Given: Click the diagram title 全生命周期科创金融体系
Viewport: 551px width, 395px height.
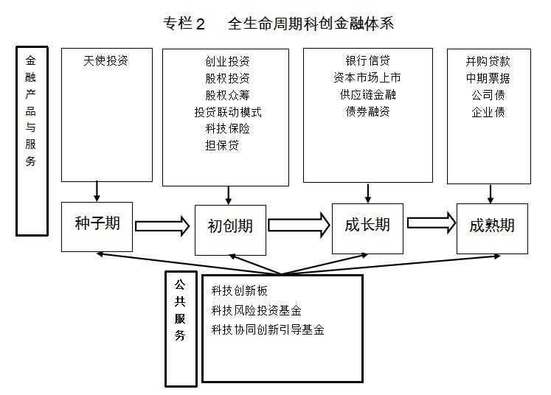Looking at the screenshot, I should (310, 23).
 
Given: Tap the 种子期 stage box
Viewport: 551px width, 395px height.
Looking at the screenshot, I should (97, 224).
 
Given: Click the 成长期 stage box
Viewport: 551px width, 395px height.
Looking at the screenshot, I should (367, 225).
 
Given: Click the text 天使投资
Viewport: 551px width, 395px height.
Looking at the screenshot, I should (106, 61).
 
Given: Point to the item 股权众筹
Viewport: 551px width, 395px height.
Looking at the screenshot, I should (227, 95).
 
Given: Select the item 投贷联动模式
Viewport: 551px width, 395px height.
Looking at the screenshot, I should (227, 112).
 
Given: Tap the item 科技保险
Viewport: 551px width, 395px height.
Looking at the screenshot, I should (227, 129).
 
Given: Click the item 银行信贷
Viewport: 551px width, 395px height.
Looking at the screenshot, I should (367, 61).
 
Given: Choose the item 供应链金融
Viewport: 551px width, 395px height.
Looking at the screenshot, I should (367, 95).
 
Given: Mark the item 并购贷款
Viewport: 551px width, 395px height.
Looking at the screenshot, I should (488, 61).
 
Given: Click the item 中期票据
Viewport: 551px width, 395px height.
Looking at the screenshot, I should (488, 78).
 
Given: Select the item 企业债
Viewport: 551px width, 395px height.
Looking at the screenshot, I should (488, 112).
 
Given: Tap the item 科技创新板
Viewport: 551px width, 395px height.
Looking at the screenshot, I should (239, 290).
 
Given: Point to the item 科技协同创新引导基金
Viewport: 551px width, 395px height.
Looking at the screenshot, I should (268, 329).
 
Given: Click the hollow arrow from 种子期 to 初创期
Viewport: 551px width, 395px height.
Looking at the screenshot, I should (162, 226).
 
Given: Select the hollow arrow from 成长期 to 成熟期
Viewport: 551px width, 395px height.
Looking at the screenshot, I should (432, 223).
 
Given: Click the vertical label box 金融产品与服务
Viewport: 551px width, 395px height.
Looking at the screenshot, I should (31, 140).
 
